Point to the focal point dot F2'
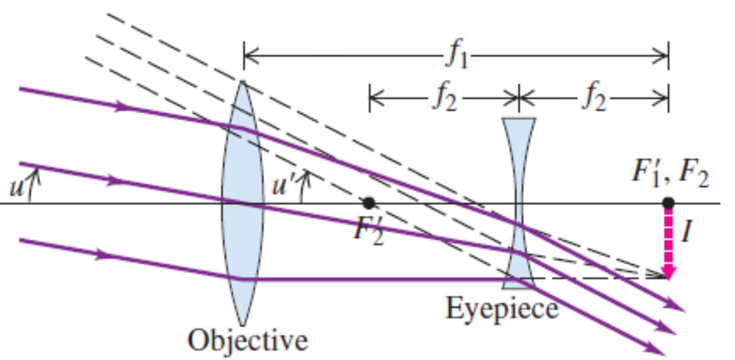pos(368,203)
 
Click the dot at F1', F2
pos(668,203)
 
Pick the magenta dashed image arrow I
pos(668,243)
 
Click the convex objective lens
pos(242,203)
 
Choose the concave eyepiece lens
pos(518,203)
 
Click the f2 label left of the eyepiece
pos(445,97)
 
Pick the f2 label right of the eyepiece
pos(594,97)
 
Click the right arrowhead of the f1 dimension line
pos(659,56)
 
